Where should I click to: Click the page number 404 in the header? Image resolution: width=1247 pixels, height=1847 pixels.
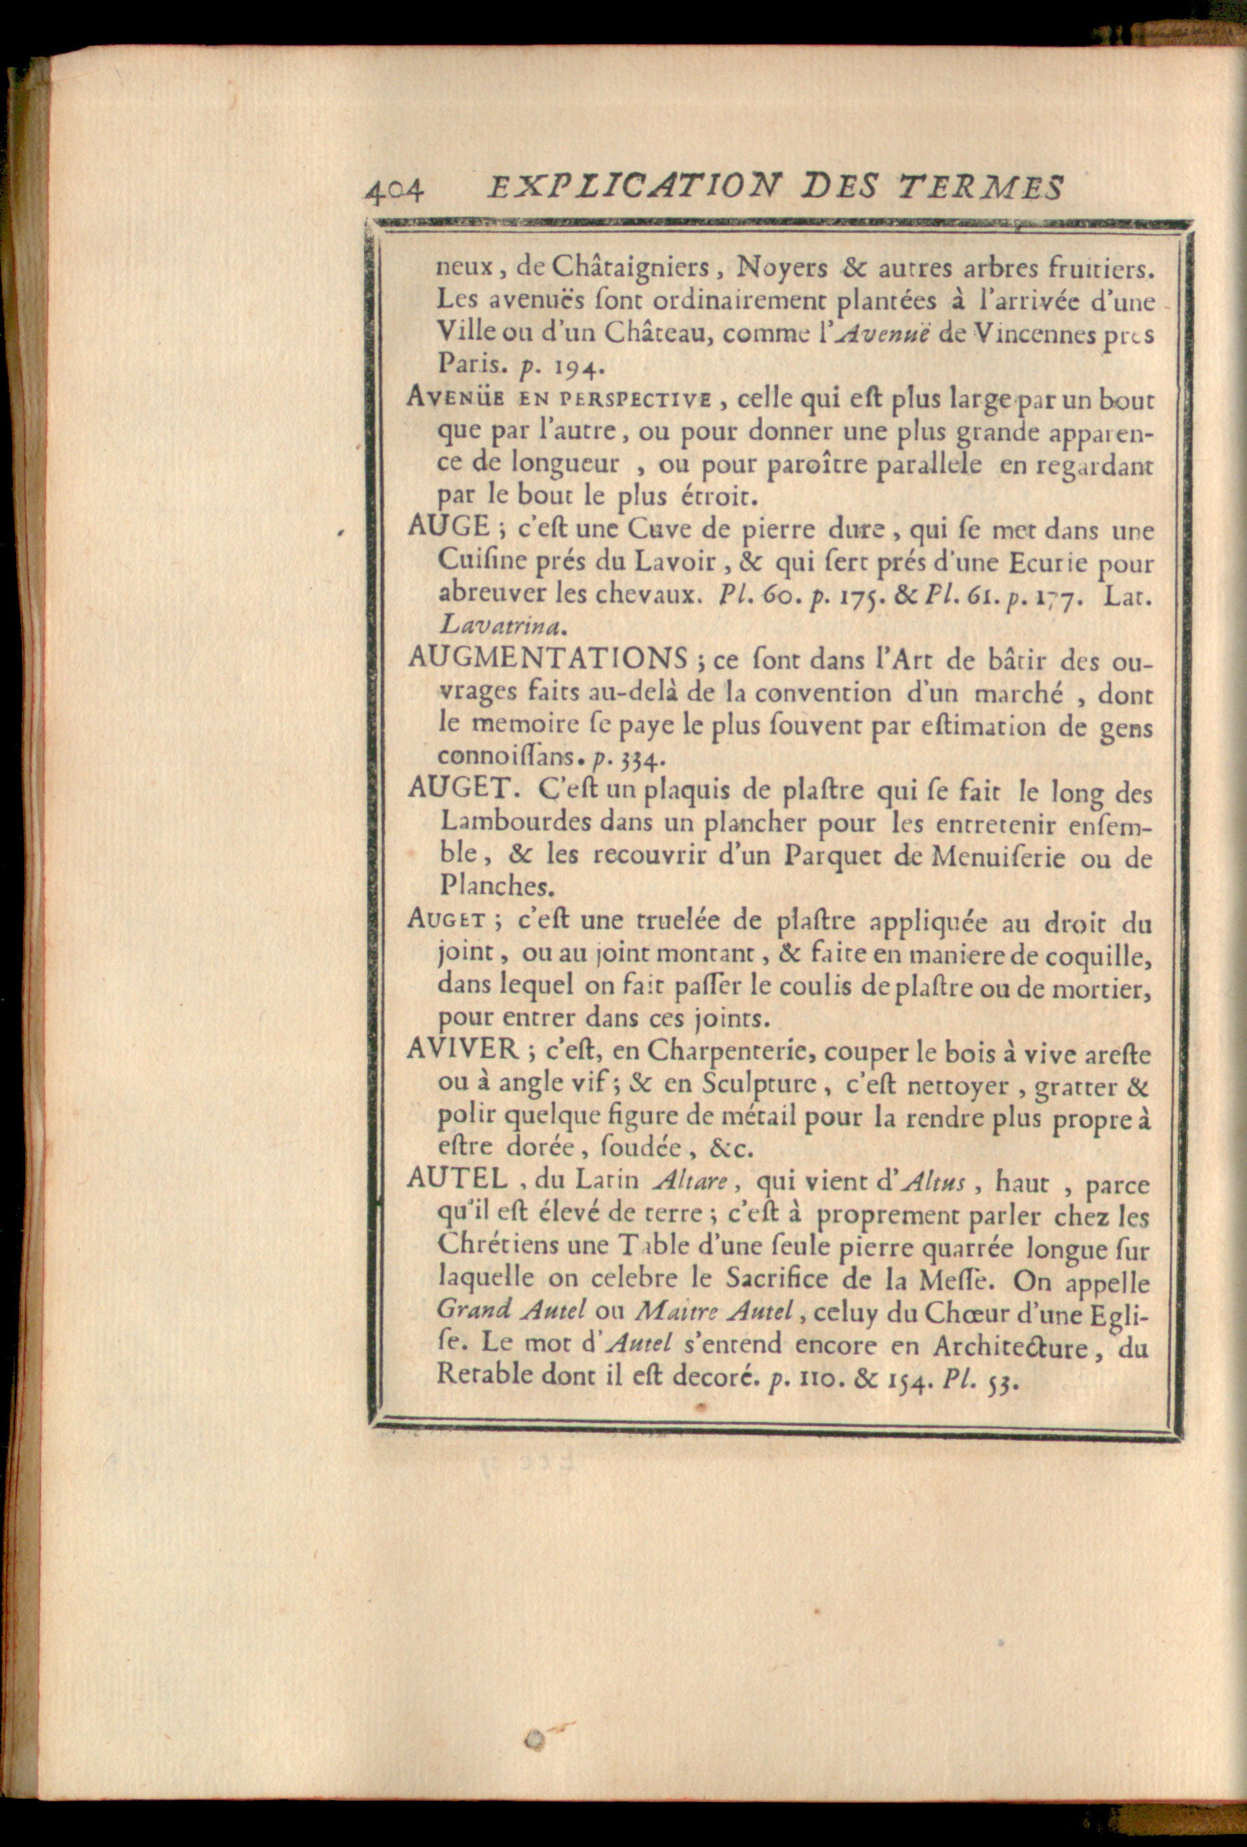[395, 190]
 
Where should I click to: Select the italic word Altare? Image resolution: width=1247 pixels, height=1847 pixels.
[690, 1180]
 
